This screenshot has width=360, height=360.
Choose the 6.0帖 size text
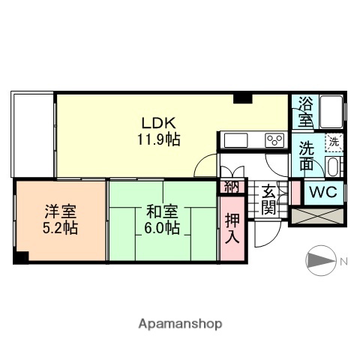162,227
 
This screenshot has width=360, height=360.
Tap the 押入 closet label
232,224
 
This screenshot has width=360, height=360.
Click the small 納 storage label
229,187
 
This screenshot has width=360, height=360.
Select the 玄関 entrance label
268,199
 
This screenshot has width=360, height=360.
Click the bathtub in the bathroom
330,112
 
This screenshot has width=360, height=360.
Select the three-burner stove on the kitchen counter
273,140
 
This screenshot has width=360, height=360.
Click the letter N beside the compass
344,261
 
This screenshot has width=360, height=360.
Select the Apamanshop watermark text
180,324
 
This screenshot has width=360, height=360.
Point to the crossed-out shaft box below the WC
317,216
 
